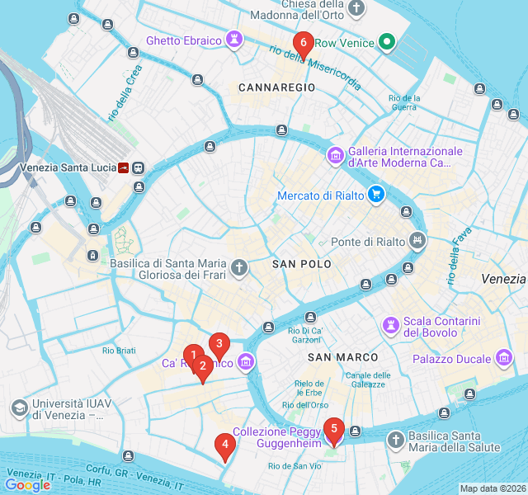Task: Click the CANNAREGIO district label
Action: click(276, 87)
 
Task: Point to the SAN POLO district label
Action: click(301, 264)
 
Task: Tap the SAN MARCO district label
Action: click(342, 357)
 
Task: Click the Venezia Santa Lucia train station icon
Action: click(125, 167)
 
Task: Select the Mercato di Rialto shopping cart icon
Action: click(376, 196)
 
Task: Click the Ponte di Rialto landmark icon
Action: click(419, 242)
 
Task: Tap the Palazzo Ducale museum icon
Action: click(505, 359)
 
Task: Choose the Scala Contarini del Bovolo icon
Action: click(389, 322)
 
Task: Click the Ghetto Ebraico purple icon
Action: click(235, 40)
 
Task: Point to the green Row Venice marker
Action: click(386, 42)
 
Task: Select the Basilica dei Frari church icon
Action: click(239, 266)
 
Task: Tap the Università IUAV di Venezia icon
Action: click(19, 408)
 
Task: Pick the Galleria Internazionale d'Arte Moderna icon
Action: click(335, 155)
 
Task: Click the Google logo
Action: click(27, 485)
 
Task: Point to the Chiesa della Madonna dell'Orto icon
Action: click(356, 10)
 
